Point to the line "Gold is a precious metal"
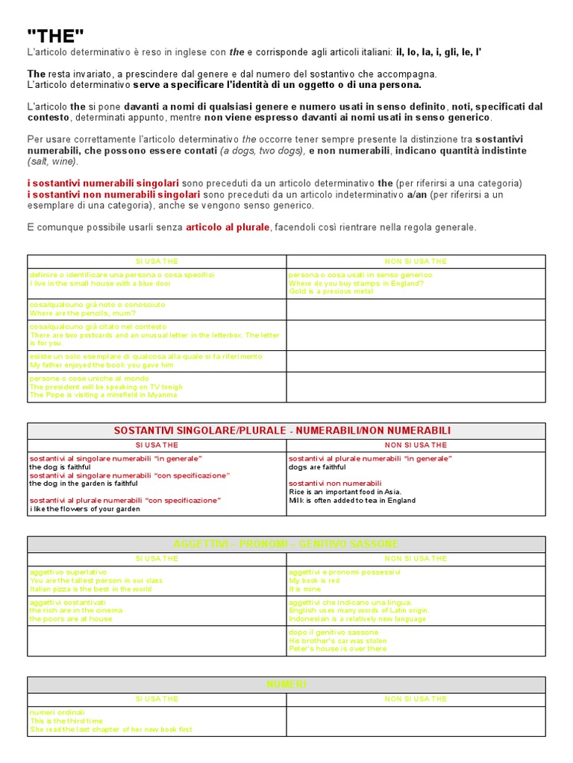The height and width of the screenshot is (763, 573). (331, 291)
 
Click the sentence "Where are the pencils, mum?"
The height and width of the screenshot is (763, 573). (83, 313)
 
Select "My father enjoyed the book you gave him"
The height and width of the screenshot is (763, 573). (101, 365)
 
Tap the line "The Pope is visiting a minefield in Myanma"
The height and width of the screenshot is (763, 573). (104, 395)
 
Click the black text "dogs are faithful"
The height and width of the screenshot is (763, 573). (317, 467)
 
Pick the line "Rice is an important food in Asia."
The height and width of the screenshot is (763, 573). (345, 492)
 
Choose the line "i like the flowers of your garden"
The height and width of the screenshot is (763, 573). (85, 509)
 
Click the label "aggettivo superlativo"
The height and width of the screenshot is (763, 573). (68, 572)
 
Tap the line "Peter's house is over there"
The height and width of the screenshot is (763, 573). (338, 649)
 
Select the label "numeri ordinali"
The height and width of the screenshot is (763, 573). (57, 712)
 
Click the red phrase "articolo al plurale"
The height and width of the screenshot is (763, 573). (227, 227)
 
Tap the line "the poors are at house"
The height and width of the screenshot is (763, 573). (71, 618)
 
